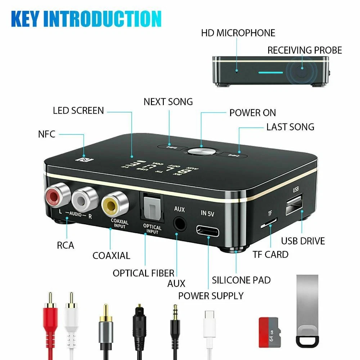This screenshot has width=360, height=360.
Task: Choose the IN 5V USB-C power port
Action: pos(208,230)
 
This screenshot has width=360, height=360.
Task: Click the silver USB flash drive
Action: pos(307,310)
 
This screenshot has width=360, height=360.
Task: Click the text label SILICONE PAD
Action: pos(241,280)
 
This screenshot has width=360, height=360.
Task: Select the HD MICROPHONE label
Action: pos(238,33)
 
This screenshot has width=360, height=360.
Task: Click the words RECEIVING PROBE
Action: pos(305,50)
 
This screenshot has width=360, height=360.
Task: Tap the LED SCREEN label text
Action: pos(78,111)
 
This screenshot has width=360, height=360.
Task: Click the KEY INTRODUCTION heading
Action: pos(86,19)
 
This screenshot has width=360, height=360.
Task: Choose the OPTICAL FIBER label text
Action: pos(143,273)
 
